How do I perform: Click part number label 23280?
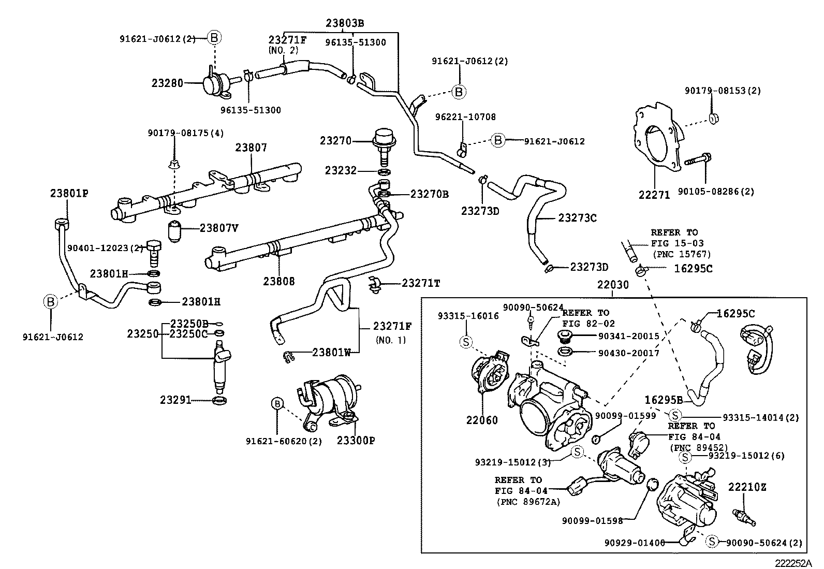167,82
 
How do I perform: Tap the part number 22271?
654,195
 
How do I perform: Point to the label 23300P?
356,441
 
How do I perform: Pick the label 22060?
482,420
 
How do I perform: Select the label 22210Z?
747,487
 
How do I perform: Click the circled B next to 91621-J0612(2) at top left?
214,38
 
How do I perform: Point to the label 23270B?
430,194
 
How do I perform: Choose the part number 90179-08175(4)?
185,133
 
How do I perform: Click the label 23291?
175,400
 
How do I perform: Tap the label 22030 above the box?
613,285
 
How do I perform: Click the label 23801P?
69,193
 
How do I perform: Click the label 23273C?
577,218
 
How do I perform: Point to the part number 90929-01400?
635,542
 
